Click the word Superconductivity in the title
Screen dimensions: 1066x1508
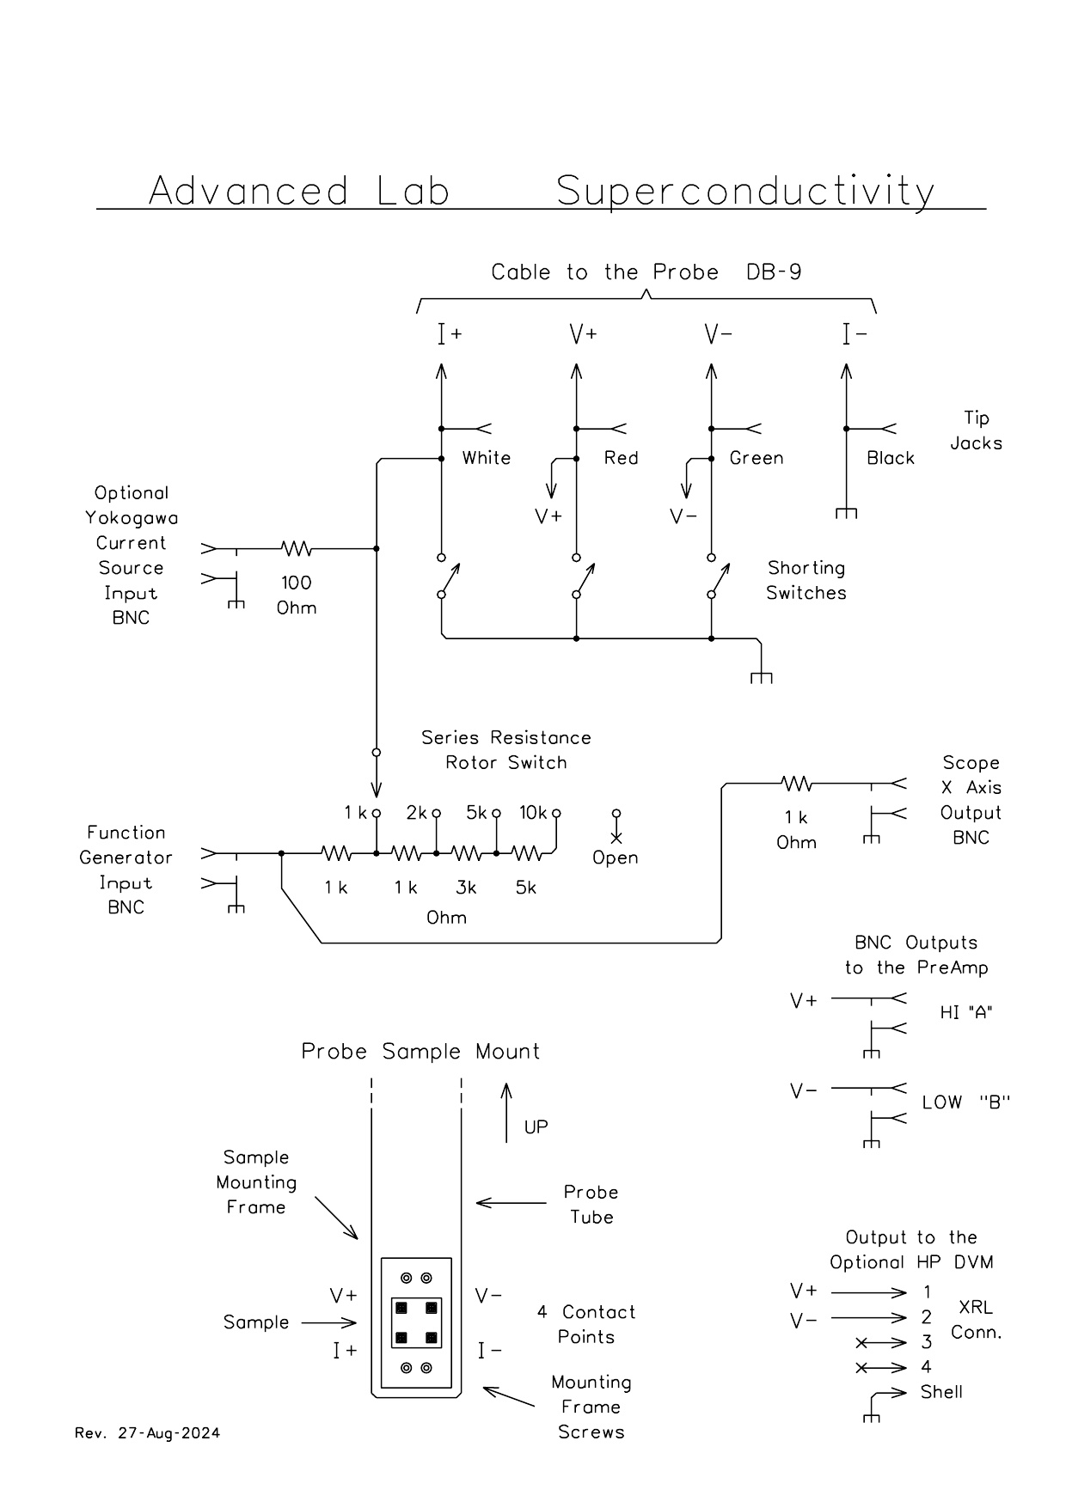pyautogui.click(x=745, y=192)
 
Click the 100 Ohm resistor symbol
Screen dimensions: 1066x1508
pyautogui.click(x=297, y=548)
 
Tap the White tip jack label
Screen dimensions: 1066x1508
pyautogui.click(x=487, y=458)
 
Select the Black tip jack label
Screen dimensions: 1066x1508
pyautogui.click(x=891, y=458)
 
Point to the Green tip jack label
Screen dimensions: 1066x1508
pyautogui.click(x=757, y=458)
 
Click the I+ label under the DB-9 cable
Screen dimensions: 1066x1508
pyautogui.click(x=450, y=334)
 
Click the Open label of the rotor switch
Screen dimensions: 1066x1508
pyautogui.click(x=616, y=858)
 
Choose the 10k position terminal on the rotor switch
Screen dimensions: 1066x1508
pyautogui.click(x=556, y=813)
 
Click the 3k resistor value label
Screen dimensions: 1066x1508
pyautogui.click(x=466, y=888)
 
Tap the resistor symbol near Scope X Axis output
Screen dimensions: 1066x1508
pyautogui.click(x=797, y=784)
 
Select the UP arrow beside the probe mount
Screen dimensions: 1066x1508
pyautogui.click(x=506, y=1112)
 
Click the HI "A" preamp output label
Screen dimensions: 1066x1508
pyautogui.click(x=966, y=1012)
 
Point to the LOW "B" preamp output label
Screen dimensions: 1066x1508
pyautogui.click(x=965, y=1102)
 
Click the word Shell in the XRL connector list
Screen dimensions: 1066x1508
pyautogui.click(x=941, y=1392)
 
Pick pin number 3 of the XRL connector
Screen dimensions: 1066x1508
pyautogui.click(x=926, y=1342)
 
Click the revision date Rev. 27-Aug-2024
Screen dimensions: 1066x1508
pyautogui.click(x=148, y=1433)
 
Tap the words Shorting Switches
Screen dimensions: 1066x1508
pyautogui.click(x=806, y=581)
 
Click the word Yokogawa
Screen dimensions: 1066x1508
pyautogui.click(x=132, y=518)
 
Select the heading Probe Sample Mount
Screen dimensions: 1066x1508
pyautogui.click(x=420, y=1052)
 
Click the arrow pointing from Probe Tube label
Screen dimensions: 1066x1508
pyautogui.click(x=511, y=1203)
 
